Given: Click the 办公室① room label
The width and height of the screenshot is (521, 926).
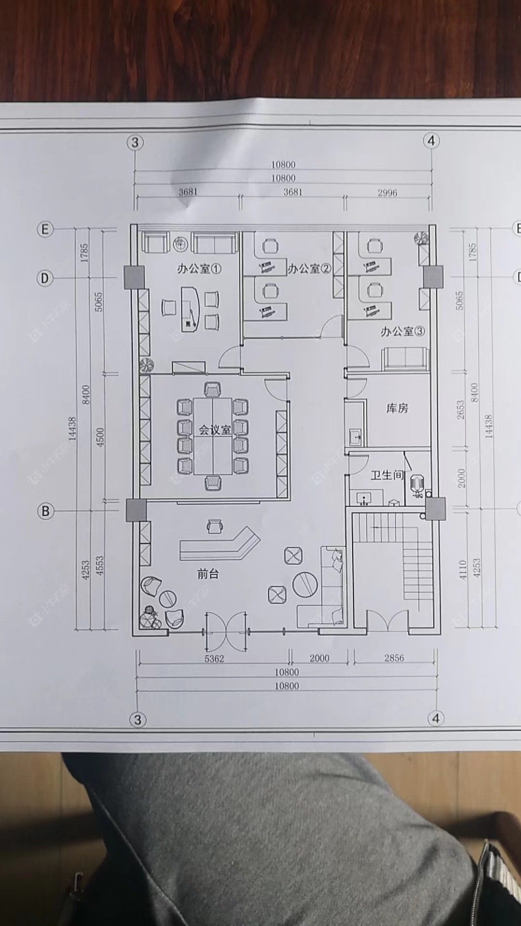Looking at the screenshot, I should tap(199, 269).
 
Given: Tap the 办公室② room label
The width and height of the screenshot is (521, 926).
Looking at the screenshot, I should tap(309, 269).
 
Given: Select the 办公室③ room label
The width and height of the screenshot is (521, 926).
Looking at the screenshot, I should tap(402, 331).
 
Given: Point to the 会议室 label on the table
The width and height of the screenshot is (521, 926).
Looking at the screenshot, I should tap(215, 429).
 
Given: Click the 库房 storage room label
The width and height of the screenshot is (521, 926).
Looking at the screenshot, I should tap(397, 409).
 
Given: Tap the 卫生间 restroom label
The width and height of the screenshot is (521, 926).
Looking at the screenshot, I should tap(386, 475).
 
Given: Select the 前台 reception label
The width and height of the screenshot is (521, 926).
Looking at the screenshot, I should tap(208, 574).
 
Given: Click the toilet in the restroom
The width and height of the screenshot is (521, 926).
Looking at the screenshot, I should tap(416, 485).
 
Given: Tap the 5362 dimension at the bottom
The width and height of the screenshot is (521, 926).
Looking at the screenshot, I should tap(214, 659).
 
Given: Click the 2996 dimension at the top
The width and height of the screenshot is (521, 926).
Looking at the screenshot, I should tap(387, 193).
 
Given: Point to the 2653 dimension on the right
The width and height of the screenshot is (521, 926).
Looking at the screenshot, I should tap(460, 409).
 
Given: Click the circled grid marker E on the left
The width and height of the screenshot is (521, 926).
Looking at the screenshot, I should tap(45, 229).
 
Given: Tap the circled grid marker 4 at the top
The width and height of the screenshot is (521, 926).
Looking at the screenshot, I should tap(431, 141).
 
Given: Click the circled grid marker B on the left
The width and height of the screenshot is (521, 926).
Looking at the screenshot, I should tap(45, 511).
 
